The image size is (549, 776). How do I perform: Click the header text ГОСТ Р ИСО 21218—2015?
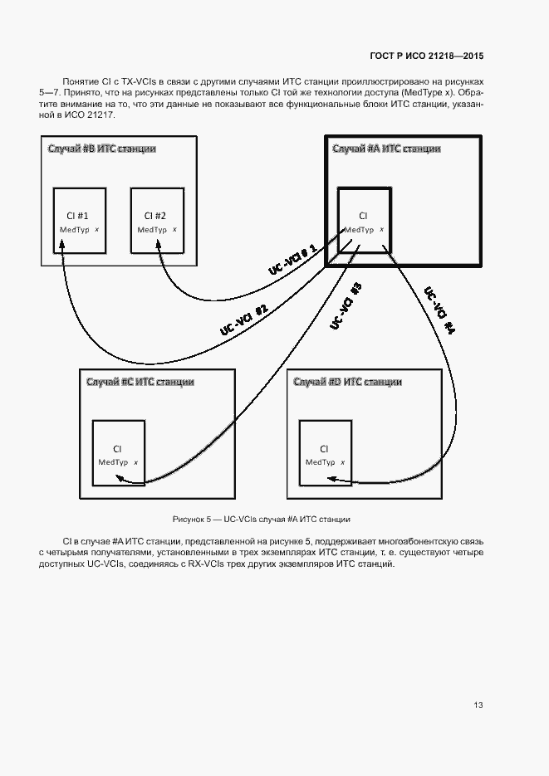[x=426, y=56]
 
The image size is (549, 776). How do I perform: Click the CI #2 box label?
[x=155, y=215]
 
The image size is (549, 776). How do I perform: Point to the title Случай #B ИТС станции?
[x=101, y=149]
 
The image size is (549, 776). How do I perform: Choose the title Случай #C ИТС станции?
[x=140, y=382]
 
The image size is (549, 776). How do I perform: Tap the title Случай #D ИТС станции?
[x=348, y=382]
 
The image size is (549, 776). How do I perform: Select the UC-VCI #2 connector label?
[x=243, y=320]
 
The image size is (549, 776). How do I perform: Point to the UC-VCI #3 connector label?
[x=346, y=306]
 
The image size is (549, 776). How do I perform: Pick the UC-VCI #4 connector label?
[x=440, y=312]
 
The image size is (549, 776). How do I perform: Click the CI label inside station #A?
[x=363, y=216]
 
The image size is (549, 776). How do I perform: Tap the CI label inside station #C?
[x=117, y=448]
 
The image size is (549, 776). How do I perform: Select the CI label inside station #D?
[x=324, y=448]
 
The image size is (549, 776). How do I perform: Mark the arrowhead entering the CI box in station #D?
[x=331, y=479]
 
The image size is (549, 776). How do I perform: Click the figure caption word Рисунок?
[x=189, y=520]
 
